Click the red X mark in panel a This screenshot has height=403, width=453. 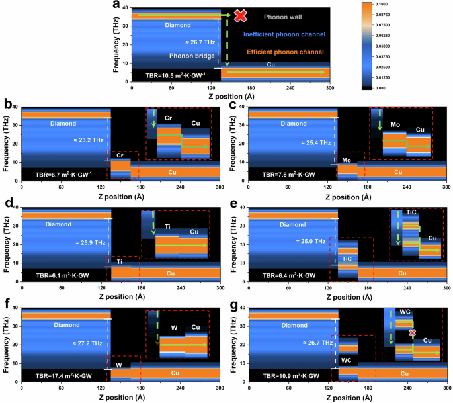pyautogui.click(x=240, y=15)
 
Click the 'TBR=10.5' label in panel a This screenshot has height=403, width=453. pyautogui.click(x=164, y=75)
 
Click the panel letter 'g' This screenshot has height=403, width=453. pyautogui.click(x=233, y=307)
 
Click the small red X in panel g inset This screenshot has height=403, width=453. pyautogui.click(x=413, y=333)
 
